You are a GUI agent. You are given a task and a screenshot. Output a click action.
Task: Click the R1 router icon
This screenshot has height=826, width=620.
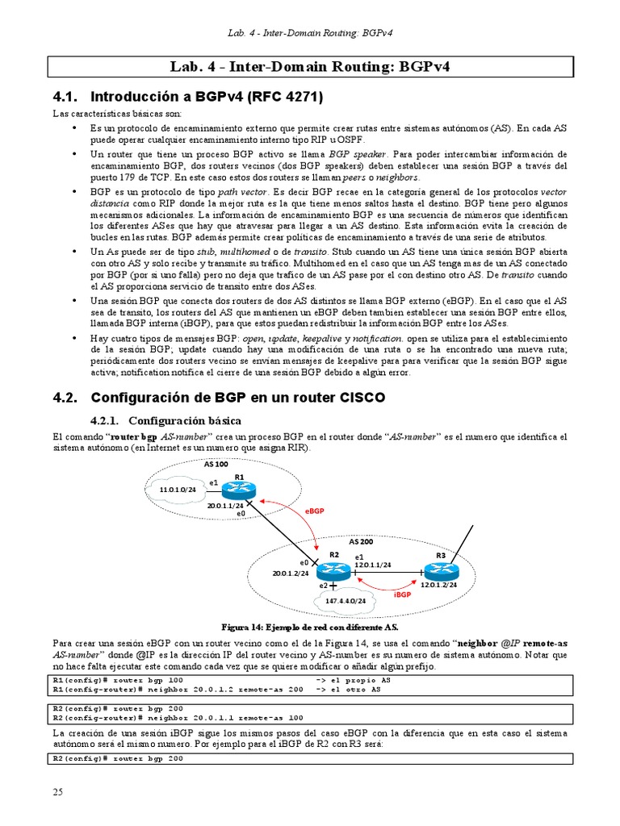coord(239,490)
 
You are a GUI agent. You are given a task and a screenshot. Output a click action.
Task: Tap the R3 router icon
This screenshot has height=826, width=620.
coord(440,569)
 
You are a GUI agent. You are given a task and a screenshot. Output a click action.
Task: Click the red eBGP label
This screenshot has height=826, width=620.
coord(315,511)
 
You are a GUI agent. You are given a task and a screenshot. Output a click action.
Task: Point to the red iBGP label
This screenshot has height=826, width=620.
coord(402,594)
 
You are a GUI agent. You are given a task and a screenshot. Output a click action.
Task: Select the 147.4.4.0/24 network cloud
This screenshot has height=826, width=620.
coord(346,601)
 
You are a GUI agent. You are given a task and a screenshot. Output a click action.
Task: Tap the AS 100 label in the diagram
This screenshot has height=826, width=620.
coord(216,465)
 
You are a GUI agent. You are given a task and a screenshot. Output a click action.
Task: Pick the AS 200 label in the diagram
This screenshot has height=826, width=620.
coord(360,541)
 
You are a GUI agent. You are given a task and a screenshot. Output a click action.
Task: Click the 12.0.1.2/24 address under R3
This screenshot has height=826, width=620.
coord(439,584)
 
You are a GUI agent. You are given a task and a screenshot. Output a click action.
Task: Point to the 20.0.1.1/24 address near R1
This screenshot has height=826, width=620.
coord(226,505)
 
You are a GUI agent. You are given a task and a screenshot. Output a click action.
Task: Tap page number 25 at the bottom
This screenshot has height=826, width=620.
coord(57,792)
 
